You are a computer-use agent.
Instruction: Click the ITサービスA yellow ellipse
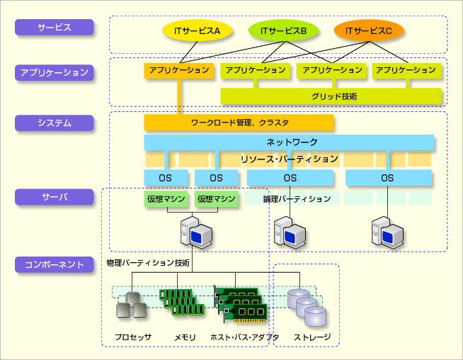[197, 30]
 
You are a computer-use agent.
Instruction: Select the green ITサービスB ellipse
[283, 30]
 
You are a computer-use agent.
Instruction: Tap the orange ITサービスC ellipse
[369, 30]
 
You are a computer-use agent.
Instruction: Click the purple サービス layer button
[55, 27]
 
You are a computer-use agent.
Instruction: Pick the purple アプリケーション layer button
[55, 72]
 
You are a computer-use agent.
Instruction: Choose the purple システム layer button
[55, 123]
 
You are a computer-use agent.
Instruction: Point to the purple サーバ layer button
[55, 197]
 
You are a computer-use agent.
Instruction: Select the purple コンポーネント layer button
[55, 264]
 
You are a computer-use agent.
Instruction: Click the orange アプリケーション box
[178, 70]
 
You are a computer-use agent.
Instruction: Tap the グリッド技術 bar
[331, 96]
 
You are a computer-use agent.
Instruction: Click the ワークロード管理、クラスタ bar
[239, 122]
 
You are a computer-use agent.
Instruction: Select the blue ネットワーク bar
[289, 142]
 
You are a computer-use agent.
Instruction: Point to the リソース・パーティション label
[290, 159]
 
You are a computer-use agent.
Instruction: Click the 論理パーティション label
[297, 198]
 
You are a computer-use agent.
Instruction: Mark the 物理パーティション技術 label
[148, 263]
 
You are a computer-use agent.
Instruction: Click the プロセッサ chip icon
[132, 305]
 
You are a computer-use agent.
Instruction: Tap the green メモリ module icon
[182, 302]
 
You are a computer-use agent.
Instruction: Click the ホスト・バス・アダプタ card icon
[241, 304]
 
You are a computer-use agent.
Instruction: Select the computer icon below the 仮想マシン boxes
[196, 232]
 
